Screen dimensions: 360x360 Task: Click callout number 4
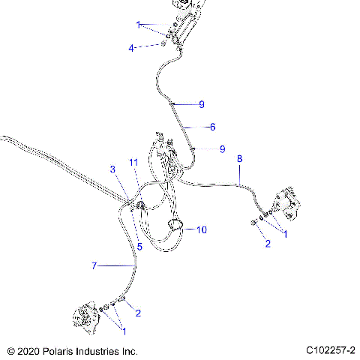[x=131, y=47]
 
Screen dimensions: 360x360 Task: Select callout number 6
[x=212, y=127]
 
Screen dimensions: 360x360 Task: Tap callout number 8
[x=239, y=159]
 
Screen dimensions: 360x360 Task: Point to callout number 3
[x=113, y=169]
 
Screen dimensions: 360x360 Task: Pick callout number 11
[x=133, y=162]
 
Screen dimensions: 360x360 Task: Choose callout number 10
[x=200, y=229]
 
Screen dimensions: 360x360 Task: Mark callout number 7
[x=94, y=266]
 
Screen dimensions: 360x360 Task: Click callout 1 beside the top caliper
[x=139, y=25]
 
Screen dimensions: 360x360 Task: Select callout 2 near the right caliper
[x=266, y=244]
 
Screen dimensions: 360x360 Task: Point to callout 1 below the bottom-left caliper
[x=124, y=331]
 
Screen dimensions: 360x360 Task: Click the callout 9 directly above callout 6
[x=201, y=104]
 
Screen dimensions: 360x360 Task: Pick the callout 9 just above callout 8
[x=222, y=148]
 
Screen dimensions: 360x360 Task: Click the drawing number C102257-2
[x=330, y=350]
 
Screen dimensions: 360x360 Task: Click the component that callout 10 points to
[x=178, y=226]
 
